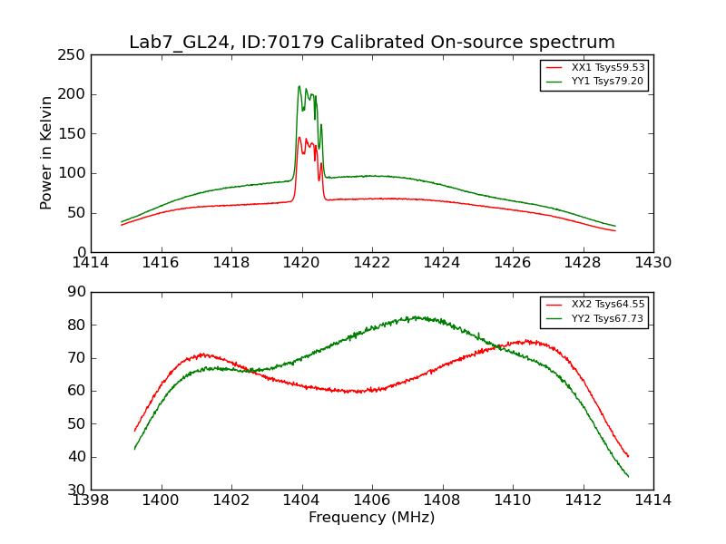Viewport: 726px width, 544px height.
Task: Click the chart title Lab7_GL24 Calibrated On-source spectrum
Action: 372,43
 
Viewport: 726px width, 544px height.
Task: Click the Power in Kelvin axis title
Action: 46,153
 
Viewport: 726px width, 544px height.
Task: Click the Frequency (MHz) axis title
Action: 372,518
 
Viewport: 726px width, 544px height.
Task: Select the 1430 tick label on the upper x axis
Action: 652,263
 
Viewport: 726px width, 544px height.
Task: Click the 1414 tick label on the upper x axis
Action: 92,263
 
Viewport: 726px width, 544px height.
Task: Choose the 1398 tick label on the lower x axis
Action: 92,500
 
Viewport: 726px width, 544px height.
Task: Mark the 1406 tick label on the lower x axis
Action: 372,500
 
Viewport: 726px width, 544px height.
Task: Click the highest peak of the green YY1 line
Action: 299,86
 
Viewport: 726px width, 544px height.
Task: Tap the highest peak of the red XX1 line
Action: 299,138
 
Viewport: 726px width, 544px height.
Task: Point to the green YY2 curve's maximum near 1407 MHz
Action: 416,317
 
